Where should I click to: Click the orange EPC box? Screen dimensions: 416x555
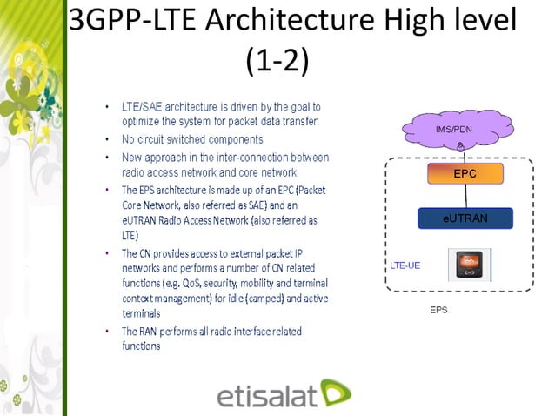coord(465,174)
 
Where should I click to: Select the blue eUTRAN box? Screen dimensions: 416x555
coord(465,218)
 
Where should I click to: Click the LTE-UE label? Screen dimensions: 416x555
coord(404,265)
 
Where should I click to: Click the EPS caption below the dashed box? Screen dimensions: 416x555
coord(438,310)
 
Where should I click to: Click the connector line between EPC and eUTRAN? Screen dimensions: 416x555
coord(465,196)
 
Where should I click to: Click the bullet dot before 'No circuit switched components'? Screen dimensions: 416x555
coord(107,139)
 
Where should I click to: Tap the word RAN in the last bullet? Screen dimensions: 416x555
coord(148,332)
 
